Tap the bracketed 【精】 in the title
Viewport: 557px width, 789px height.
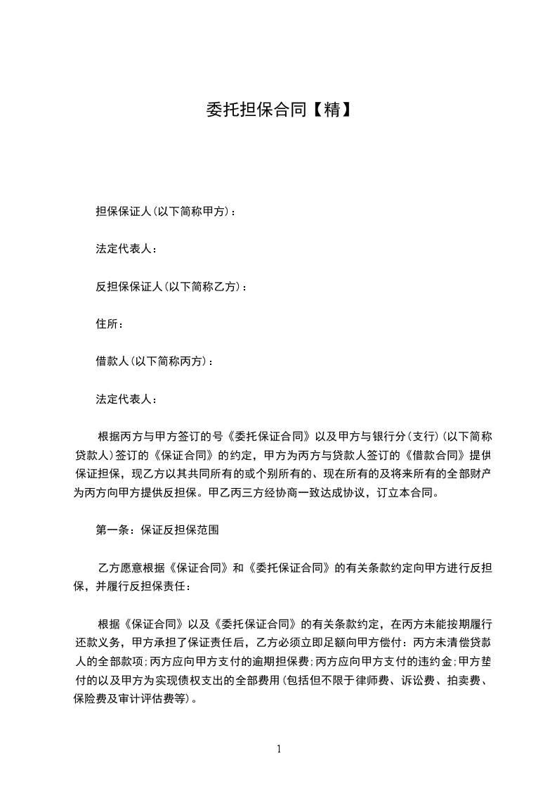330,110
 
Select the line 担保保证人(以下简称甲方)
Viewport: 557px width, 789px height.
166,211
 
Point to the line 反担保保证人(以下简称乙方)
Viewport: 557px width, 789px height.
171,286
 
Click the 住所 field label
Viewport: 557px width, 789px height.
110,324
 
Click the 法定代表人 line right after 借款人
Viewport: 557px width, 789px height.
126,399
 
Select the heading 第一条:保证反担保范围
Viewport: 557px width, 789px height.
157,530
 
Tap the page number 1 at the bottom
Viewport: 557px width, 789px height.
279,749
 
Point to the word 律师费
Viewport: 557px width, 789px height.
369,680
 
